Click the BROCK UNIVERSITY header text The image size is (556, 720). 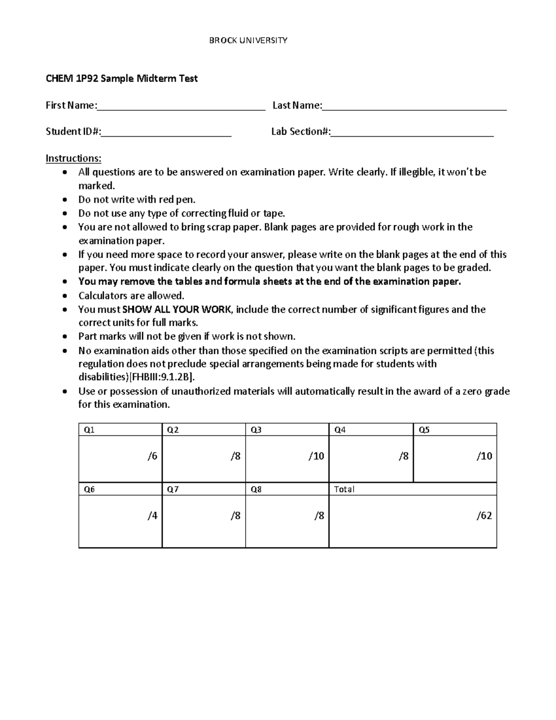248,41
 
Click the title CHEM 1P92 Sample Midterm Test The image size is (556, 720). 121,79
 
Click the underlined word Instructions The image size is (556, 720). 73,159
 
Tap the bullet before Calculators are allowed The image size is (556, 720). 67,296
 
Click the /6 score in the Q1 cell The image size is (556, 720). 152,456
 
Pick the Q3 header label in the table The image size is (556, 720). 256,430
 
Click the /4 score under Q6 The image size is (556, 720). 152,516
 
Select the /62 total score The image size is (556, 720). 484,516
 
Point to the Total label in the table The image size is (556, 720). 344,490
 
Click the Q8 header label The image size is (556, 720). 256,490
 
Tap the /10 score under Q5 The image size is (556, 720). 484,456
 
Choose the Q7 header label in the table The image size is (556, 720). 172,490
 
